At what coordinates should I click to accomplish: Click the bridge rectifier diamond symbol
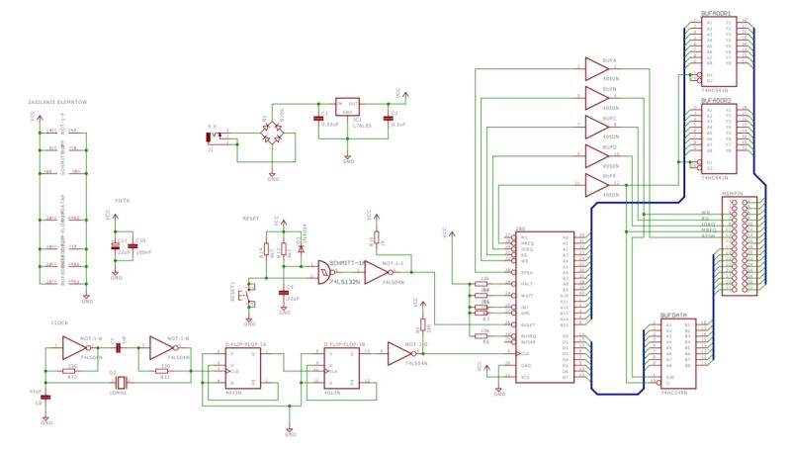coord(273,130)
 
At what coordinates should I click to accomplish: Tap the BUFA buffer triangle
coord(599,66)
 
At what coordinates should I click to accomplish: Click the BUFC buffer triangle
coord(599,126)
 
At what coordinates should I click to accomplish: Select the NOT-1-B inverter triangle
coord(163,347)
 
